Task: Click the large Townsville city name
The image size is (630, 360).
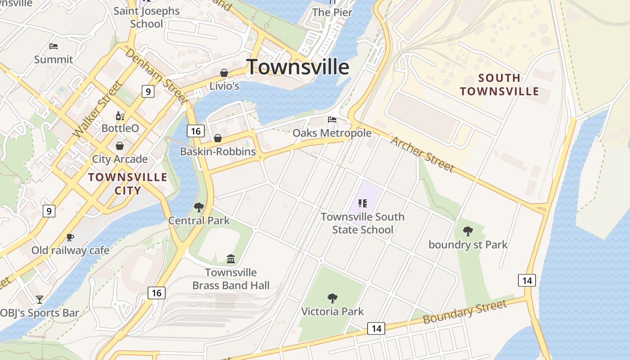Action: coord(297,67)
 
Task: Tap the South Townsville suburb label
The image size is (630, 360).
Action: coord(499,85)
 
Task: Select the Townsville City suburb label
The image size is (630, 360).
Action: coord(127,184)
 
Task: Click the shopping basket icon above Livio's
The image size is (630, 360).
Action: coord(224,73)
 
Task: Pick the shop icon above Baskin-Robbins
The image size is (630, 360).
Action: coord(217,138)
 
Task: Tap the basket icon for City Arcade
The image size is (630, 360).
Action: coord(120,146)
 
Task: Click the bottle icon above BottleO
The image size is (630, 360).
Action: coord(120,116)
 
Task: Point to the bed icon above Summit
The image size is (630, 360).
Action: coord(54,46)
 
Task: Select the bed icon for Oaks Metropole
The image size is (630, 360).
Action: coord(332,120)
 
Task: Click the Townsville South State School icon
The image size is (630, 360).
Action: coord(363,203)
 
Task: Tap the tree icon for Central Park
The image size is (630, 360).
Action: coord(198,207)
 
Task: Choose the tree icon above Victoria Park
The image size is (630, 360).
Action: coord(333,298)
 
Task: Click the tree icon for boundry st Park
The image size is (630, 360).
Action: coord(468,231)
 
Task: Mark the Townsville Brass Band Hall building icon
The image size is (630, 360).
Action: coord(231,259)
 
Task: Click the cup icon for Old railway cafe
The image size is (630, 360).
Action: coord(70,237)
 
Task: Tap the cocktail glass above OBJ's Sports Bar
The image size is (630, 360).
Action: coord(40,299)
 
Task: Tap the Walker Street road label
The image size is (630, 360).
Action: coord(97,109)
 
